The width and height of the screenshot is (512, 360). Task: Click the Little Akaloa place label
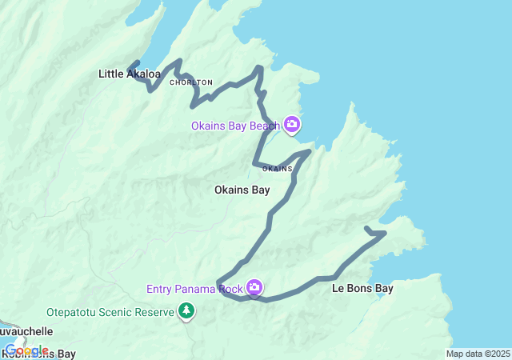click(130, 74)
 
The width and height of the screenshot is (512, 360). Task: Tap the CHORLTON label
click(191, 82)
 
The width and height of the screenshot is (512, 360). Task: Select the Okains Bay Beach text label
click(235, 126)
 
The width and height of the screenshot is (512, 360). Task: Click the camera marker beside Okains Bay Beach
click(293, 124)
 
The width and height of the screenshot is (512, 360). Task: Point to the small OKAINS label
click(278, 169)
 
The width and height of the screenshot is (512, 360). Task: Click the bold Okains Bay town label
click(242, 190)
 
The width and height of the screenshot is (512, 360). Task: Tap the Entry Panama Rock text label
click(195, 289)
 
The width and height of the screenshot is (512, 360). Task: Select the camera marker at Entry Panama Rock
click(254, 287)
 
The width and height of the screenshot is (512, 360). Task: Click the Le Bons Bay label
click(362, 288)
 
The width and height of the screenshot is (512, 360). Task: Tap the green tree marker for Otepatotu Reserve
click(186, 310)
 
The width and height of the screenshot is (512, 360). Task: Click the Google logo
click(26, 350)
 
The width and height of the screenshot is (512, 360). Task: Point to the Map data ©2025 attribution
click(477, 354)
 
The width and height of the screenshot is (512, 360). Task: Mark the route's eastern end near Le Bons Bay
click(366, 229)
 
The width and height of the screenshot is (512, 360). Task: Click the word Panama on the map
click(196, 289)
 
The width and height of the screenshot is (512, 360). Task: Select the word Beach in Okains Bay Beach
click(265, 126)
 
